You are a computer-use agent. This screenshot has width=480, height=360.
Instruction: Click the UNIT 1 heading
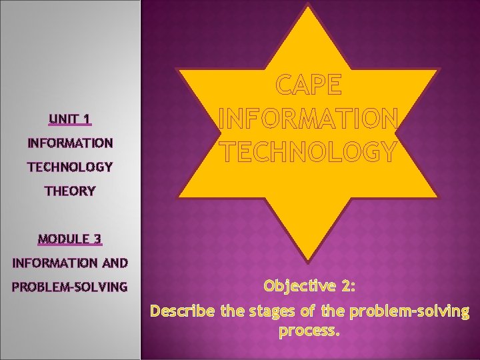point(69,119)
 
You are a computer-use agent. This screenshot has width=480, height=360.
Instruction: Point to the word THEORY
point(69,191)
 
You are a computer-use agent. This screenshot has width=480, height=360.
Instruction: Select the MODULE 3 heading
point(69,239)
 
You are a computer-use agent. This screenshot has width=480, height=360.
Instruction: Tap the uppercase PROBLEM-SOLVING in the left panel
point(69,287)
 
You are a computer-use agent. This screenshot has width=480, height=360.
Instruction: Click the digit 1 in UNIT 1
point(86,119)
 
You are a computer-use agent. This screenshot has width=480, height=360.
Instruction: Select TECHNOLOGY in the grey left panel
point(69,167)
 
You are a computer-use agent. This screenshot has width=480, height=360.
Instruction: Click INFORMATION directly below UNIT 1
point(69,143)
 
